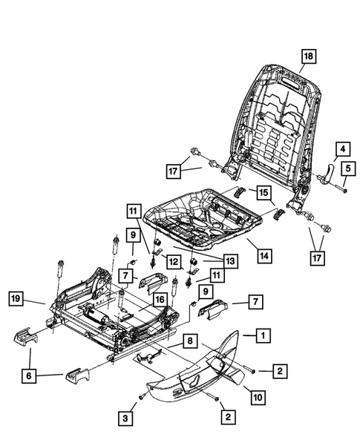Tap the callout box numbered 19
(x=16, y=300)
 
